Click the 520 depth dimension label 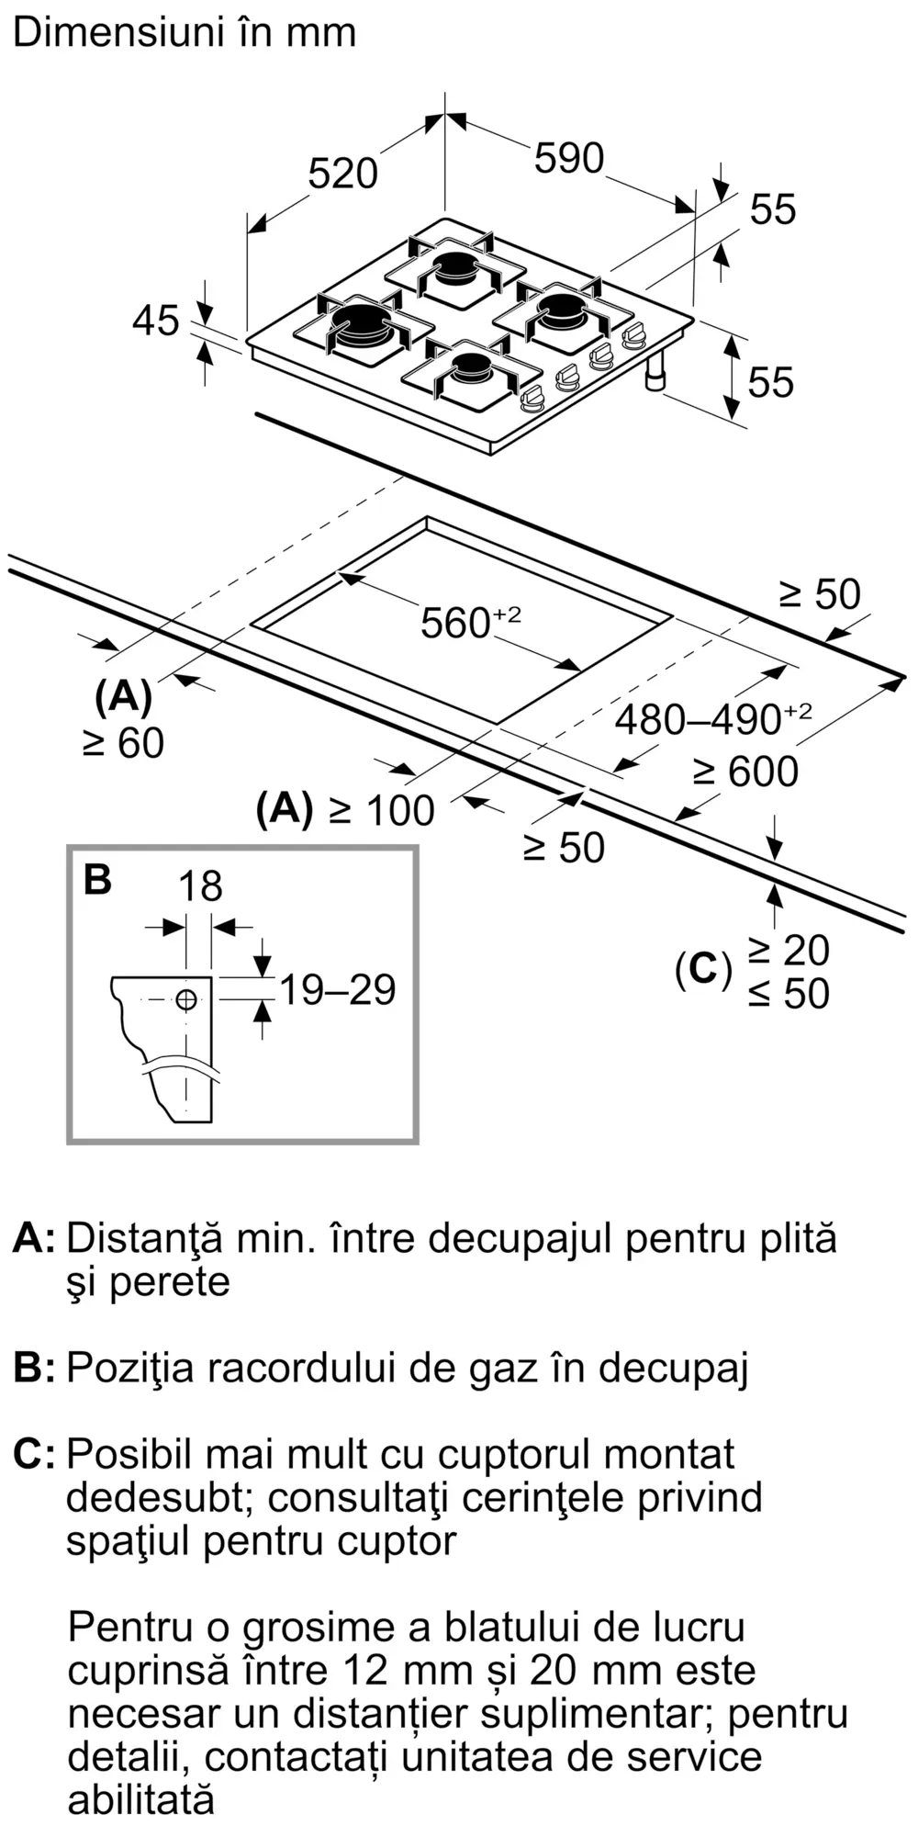[342, 174]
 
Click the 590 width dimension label [569, 159]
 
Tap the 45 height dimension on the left [155, 321]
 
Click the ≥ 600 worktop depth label [745, 772]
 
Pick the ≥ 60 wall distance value [124, 743]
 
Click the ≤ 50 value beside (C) [789, 994]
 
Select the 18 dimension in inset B [200, 886]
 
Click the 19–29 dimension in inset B [337, 989]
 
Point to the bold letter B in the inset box [97, 879]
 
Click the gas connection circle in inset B [186, 1000]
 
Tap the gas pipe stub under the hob [656, 374]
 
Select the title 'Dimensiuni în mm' [185, 33]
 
